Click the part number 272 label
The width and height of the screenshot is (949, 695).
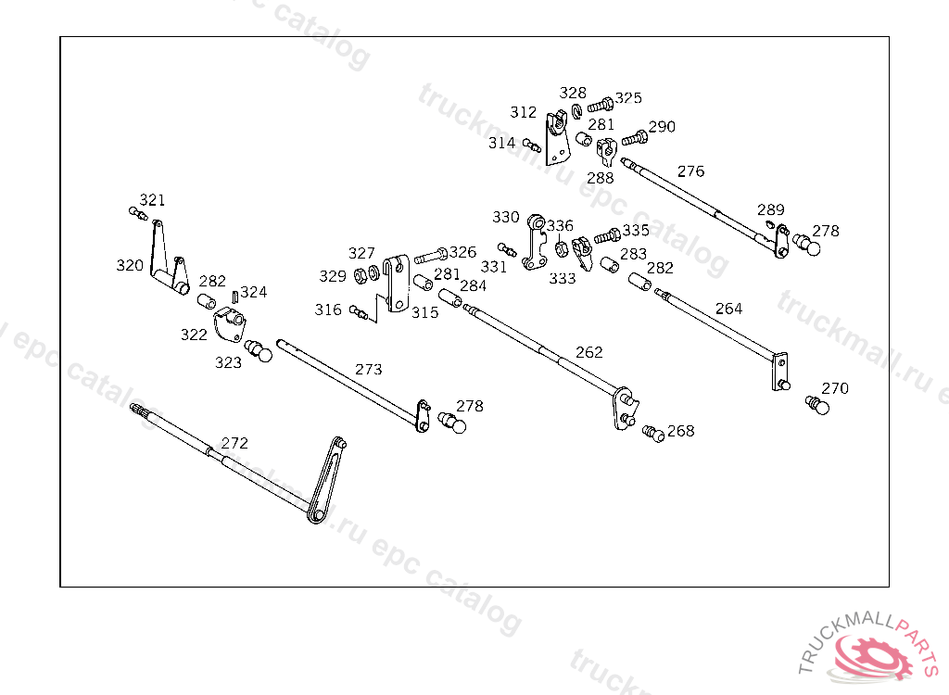pyautogui.click(x=234, y=443)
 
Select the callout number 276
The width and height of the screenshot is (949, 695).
pyautogui.click(x=690, y=171)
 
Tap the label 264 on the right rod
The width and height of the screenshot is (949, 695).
pyautogui.click(x=728, y=309)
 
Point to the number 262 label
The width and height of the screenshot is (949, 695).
pyautogui.click(x=588, y=352)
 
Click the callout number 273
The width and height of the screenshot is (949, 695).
pyautogui.click(x=368, y=369)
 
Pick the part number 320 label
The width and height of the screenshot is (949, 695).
pyautogui.click(x=130, y=266)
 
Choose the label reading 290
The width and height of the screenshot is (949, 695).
pyautogui.click(x=662, y=127)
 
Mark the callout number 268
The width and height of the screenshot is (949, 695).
pyautogui.click(x=680, y=431)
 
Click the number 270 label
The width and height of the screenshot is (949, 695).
pyautogui.click(x=834, y=388)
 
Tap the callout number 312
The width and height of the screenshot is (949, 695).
pyautogui.click(x=523, y=112)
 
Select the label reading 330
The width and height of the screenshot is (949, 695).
pyautogui.click(x=505, y=217)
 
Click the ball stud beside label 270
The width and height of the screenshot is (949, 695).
pyautogui.click(x=816, y=405)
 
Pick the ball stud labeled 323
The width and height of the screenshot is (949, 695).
pyautogui.click(x=258, y=352)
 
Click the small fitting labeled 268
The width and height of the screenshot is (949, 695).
pyautogui.click(x=654, y=433)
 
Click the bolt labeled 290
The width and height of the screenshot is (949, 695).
pyautogui.click(x=634, y=138)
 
